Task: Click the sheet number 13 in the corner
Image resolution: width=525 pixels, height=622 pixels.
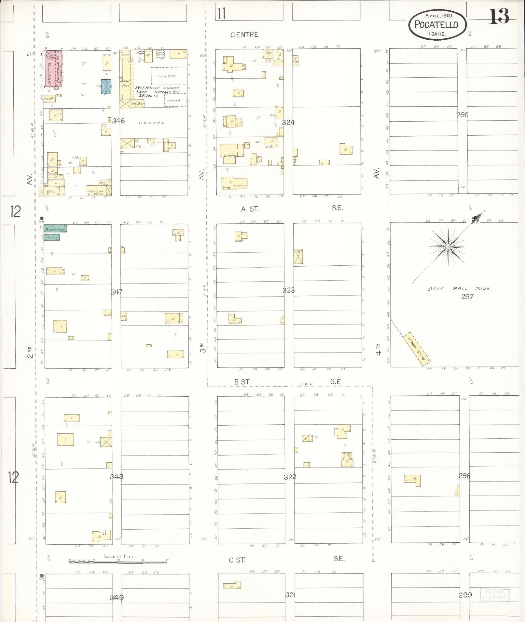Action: pos(499,17)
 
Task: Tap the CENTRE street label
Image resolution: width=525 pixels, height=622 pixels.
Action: pos(244,35)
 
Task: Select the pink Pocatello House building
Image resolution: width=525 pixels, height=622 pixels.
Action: pos(54,69)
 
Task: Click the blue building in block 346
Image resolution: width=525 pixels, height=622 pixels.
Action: pos(106,87)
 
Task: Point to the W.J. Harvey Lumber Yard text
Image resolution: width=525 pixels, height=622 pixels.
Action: pos(158,91)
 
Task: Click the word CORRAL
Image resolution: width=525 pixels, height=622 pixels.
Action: pos(152,123)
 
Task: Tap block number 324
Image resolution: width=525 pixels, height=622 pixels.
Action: pos(288,122)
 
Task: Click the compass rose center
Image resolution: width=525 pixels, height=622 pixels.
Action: pos(448,247)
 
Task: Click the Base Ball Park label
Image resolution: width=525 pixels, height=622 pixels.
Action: pos(459,288)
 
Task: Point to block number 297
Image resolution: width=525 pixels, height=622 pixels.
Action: pos(467,296)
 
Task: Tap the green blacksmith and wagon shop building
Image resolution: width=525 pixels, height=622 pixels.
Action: pos(55,228)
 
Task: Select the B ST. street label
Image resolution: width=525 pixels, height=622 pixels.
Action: pos(242,382)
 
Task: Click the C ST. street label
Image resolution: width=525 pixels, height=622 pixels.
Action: pos(237,560)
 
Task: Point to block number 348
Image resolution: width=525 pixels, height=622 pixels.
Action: pos(116,477)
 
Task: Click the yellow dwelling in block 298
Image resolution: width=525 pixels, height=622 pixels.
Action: pos(413,480)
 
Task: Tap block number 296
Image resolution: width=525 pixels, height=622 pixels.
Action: pos(462,114)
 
